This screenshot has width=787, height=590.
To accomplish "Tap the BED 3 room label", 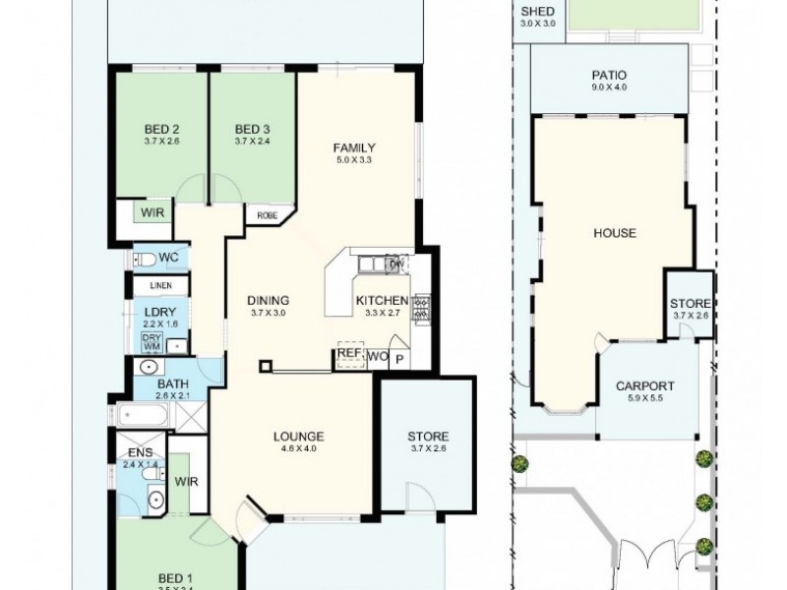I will [252, 129].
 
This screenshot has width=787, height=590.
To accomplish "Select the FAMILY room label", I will [355, 148].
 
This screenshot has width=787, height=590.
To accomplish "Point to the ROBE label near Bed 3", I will [267, 214].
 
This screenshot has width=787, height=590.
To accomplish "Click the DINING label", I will [268, 300].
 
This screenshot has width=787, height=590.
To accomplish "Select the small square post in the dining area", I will [264, 368].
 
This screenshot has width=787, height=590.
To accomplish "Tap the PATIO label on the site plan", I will [609, 75].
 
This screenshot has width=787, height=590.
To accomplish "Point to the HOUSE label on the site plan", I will [614, 233].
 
